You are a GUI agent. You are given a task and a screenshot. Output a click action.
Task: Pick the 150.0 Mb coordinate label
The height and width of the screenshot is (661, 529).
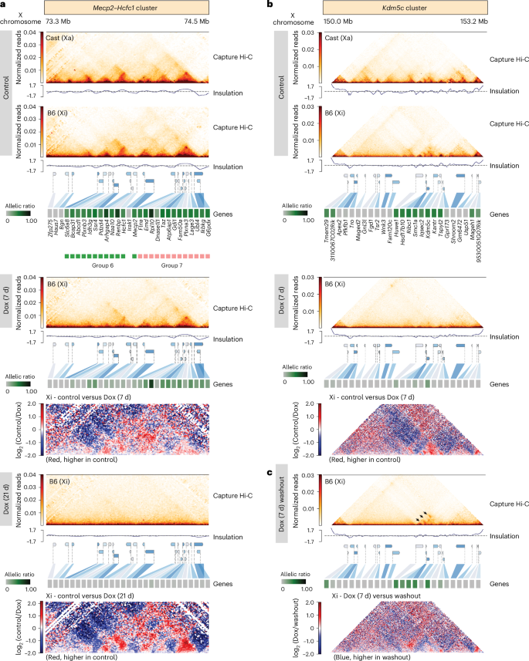[x=336, y=23]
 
